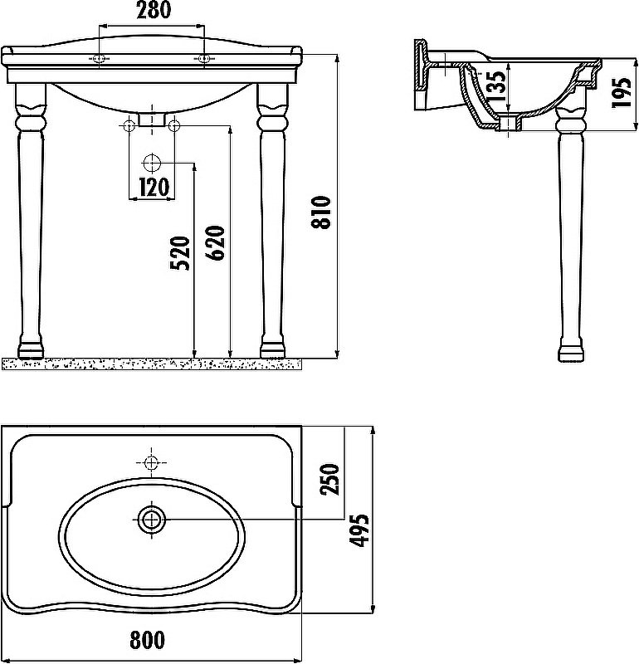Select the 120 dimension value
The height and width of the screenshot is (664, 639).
pos(152,187)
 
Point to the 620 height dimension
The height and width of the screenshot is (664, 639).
pos(216,243)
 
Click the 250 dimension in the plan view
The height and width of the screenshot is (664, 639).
pos(329,479)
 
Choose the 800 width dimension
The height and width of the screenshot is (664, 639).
pos(147,640)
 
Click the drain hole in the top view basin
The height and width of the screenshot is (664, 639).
pos(152,520)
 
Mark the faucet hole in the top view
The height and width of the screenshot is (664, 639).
pos(152,461)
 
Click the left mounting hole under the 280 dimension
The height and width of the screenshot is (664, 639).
pos(100,58)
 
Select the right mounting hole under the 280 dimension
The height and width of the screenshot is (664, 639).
pos(204,58)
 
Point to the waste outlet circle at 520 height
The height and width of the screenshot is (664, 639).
pos(152,162)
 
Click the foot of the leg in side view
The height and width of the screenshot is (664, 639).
pos(570,352)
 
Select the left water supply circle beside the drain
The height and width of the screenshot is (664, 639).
pos(129,126)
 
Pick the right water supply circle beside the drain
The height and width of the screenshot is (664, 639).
pos(174,126)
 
